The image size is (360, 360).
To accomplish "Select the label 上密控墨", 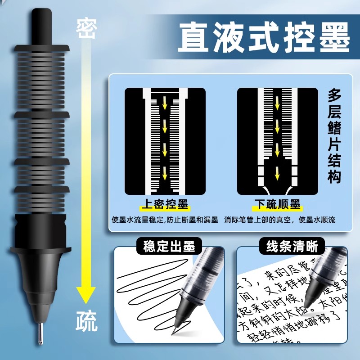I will point(165,205).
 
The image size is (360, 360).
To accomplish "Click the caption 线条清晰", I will point(292,246).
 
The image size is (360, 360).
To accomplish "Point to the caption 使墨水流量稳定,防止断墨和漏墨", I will point(165,220).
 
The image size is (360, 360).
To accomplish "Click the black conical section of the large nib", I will point(41,279).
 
